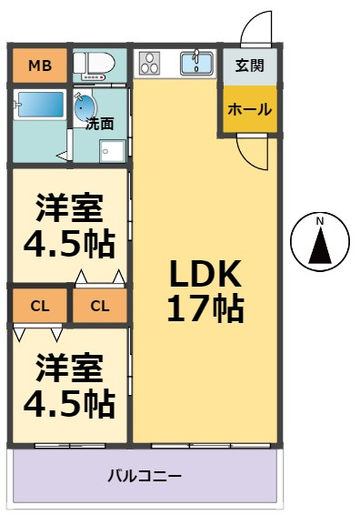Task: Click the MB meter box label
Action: [x=40, y=66]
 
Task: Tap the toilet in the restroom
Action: [x=94, y=64]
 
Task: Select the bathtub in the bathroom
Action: [x=41, y=105]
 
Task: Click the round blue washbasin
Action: [x=85, y=107]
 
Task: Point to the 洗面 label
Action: [x=99, y=124]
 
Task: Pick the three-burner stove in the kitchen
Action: [x=150, y=63]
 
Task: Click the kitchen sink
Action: [x=196, y=63]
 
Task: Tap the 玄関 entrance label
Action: [x=250, y=66]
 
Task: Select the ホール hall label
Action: [x=250, y=109]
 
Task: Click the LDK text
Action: [x=205, y=273]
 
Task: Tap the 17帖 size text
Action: [x=205, y=308]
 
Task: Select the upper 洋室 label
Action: [x=70, y=207]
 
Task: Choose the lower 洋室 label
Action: [x=70, y=368]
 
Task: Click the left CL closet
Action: [x=40, y=306]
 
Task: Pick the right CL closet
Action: [x=100, y=306]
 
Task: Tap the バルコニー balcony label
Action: [x=145, y=476]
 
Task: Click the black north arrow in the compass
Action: [x=320, y=246]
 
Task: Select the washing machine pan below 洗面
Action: [x=112, y=151]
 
